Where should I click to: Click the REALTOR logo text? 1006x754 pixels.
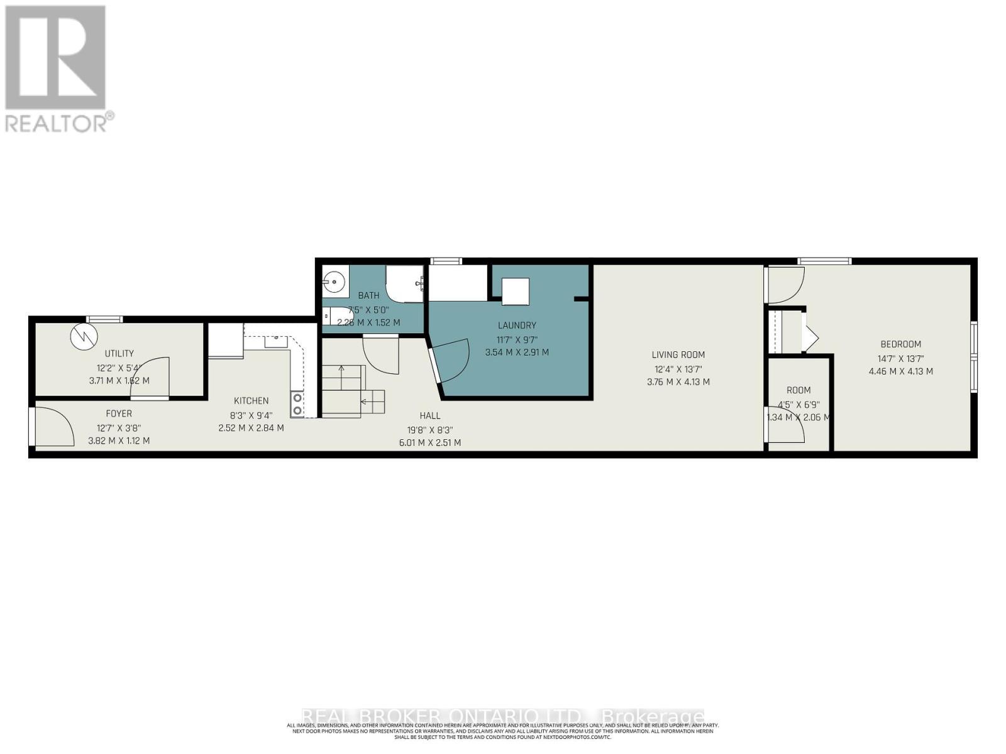[x=60, y=122]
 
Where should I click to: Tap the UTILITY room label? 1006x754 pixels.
[x=119, y=354]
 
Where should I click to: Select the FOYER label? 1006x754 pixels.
[x=119, y=413]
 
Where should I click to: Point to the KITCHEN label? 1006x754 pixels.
[x=251, y=401]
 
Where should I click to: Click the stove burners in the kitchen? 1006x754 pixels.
[x=297, y=404]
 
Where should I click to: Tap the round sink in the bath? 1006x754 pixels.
[x=334, y=281]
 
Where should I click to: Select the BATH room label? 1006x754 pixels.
[x=368, y=295]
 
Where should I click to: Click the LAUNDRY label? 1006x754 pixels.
[x=517, y=325]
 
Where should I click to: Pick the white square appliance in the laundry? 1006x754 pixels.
[x=515, y=292]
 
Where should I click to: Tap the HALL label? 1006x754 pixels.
[x=430, y=416]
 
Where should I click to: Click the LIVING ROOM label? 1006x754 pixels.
[x=678, y=355]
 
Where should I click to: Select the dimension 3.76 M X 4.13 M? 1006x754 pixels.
[x=678, y=382]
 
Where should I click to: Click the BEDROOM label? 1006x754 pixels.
[x=900, y=344]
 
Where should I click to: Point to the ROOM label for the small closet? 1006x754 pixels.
[x=799, y=390]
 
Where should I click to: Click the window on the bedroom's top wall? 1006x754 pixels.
[x=824, y=261]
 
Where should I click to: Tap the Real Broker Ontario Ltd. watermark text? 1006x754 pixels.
[x=503, y=716]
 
